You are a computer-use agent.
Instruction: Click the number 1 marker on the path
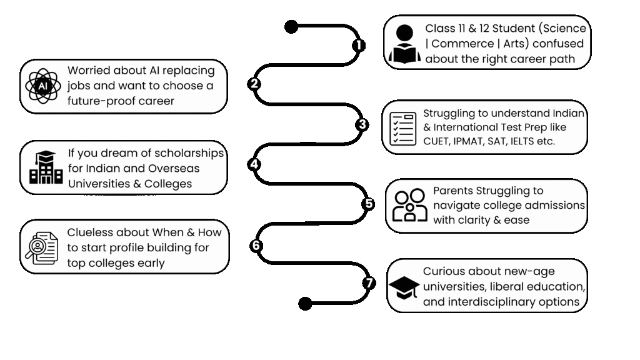tap(358, 45)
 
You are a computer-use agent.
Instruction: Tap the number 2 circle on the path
tap(254, 84)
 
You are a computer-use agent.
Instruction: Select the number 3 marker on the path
tap(362, 124)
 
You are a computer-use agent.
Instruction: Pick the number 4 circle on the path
tap(254, 164)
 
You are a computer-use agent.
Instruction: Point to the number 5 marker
tap(369, 204)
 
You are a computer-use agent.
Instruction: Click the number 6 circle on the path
tap(255, 246)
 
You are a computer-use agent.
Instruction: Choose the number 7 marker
tap(369, 283)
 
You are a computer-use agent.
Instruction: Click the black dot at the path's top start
tap(291, 26)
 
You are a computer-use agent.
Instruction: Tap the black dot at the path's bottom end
tap(305, 304)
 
